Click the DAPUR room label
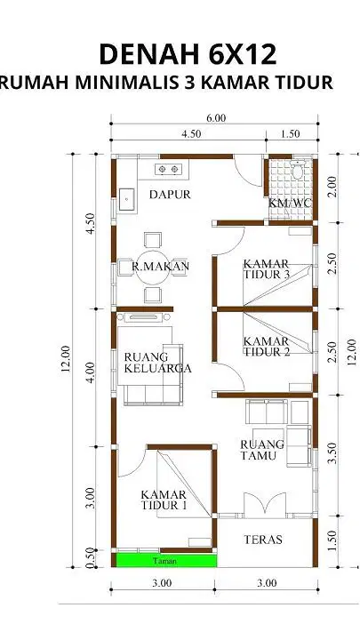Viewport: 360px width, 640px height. pyautogui.click(x=170, y=195)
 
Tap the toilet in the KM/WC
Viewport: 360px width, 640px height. pyautogui.click(x=297, y=169)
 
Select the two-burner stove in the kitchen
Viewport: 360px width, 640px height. pyautogui.click(x=168, y=169)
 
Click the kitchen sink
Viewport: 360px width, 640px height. pyautogui.click(x=126, y=199)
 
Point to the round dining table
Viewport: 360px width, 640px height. pyautogui.click(x=152, y=268)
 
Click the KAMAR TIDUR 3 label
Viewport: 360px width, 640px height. pyautogui.click(x=266, y=269)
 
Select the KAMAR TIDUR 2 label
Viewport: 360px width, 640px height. pyautogui.click(x=266, y=346)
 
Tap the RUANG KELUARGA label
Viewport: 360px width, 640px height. pyautogui.click(x=157, y=363)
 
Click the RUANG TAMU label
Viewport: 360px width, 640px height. pyautogui.click(x=262, y=450)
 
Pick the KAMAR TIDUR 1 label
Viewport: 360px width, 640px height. pyautogui.click(x=164, y=500)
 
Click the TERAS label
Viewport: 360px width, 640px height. pyautogui.click(x=263, y=540)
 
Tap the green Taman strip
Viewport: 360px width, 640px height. pyautogui.click(x=166, y=560)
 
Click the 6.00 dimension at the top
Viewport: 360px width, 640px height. pyautogui.click(x=216, y=118)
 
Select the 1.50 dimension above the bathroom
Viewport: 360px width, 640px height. pyautogui.click(x=291, y=133)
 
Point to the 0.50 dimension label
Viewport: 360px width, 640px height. pyautogui.click(x=91, y=558)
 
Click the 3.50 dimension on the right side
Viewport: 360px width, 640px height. pyautogui.click(x=332, y=453)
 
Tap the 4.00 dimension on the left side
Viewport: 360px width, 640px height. pyautogui.click(x=91, y=372)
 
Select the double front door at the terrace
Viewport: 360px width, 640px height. pyautogui.click(x=265, y=505)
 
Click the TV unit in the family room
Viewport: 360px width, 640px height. pyautogui.click(x=143, y=316)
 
